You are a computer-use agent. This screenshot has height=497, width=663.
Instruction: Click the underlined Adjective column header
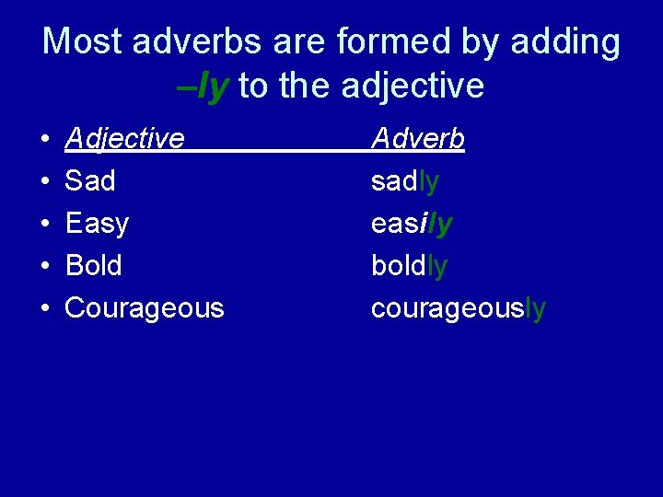tap(125, 139)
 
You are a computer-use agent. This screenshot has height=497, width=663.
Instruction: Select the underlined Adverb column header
tap(418, 139)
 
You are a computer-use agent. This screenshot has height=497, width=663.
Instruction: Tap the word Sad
tap(90, 181)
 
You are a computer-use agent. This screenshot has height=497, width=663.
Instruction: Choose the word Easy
tap(97, 224)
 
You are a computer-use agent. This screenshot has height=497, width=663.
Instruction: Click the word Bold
tap(94, 266)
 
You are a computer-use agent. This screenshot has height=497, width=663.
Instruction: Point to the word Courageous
tap(145, 308)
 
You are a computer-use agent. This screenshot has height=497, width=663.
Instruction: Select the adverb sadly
tap(405, 181)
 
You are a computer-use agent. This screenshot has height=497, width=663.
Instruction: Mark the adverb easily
tap(412, 224)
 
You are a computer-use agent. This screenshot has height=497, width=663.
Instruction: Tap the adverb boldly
tap(410, 266)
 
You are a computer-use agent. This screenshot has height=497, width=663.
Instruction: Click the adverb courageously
tap(459, 308)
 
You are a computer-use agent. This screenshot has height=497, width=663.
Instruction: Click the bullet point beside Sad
tap(45, 182)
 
